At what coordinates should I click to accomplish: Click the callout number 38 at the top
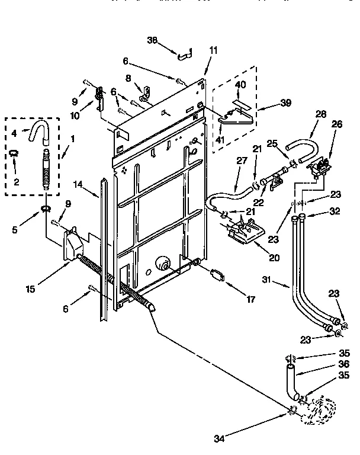pyautogui.click(x=153, y=40)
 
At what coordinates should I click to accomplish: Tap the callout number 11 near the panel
pyautogui.click(x=213, y=50)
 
